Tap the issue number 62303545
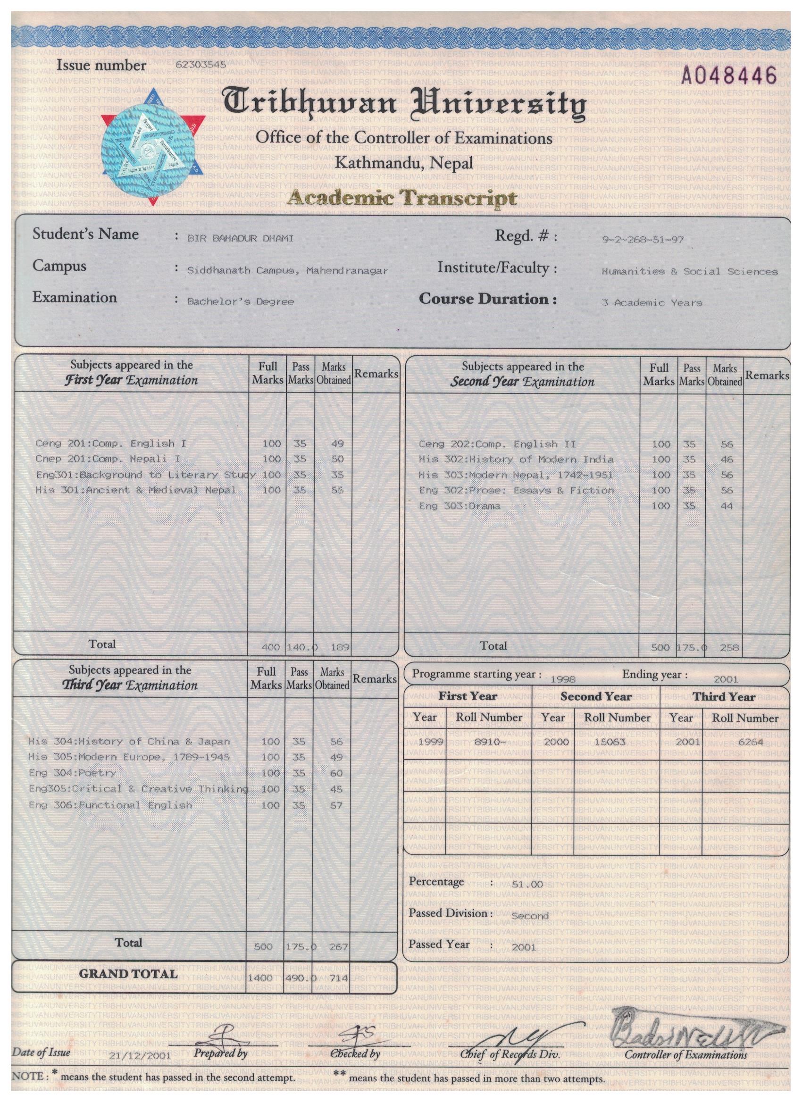pyautogui.click(x=200, y=65)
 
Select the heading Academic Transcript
pyautogui.click(x=402, y=199)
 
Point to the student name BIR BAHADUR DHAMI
pyautogui.click(x=240, y=238)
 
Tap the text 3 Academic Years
pyautogui.click(x=652, y=303)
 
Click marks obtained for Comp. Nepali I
pyautogui.click(x=337, y=459)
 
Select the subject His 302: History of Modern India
pyautogui.click(x=516, y=460)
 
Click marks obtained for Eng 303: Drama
pyautogui.click(x=726, y=506)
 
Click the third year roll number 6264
pyautogui.click(x=750, y=742)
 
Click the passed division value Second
pyautogui.click(x=530, y=916)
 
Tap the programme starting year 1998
pyautogui.click(x=563, y=679)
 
